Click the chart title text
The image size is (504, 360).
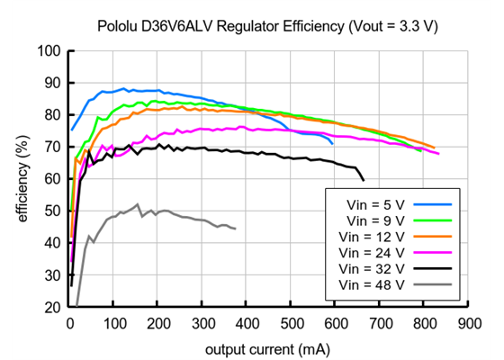(267, 27)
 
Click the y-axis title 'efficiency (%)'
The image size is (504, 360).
(21, 178)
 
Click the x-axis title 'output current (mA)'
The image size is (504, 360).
(267, 347)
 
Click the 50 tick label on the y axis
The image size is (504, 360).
(53, 211)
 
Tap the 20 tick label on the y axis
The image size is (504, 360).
(53, 308)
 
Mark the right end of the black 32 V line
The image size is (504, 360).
(364, 179)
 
